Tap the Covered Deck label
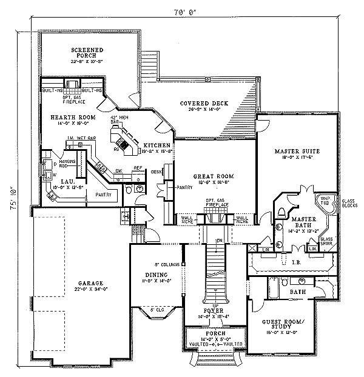click(x=204, y=104)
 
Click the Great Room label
click(x=214, y=176)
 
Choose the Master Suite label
click(x=297, y=150)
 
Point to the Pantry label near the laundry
click(x=103, y=195)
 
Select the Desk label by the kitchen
click(x=155, y=172)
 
